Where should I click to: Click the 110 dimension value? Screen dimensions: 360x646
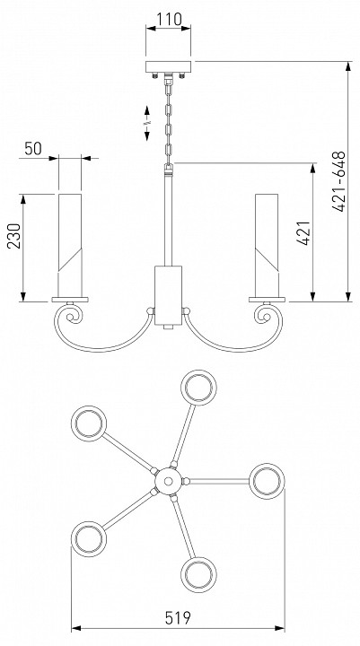(x=169, y=19)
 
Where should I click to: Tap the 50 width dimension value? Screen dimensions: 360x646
(x=33, y=148)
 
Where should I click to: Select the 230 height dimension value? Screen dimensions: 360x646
(x=14, y=236)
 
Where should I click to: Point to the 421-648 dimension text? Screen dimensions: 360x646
(x=338, y=181)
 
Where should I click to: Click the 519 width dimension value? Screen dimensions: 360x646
(x=178, y=617)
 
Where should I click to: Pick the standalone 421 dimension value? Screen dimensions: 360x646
(x=303, y=233)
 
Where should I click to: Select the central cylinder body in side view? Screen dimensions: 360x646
(x=168, y=295)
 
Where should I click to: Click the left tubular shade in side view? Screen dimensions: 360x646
(x=70, y=245)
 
